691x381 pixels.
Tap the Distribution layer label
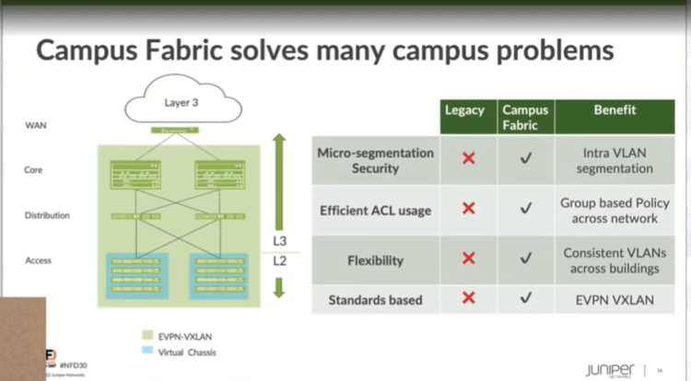(x=47, y=215)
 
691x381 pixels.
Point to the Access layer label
(x=39, y=260)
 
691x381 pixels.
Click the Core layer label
(x=33, y=169)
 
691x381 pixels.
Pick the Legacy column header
(x=465, y=110)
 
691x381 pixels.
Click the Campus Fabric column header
(x=525, y=117)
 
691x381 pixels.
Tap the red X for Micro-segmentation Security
(x=468, y=159)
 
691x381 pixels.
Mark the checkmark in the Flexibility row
(x=526, y=260)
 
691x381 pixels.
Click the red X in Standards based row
(x=468, y=298)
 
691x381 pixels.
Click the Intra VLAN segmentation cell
(x=607, y=160)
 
